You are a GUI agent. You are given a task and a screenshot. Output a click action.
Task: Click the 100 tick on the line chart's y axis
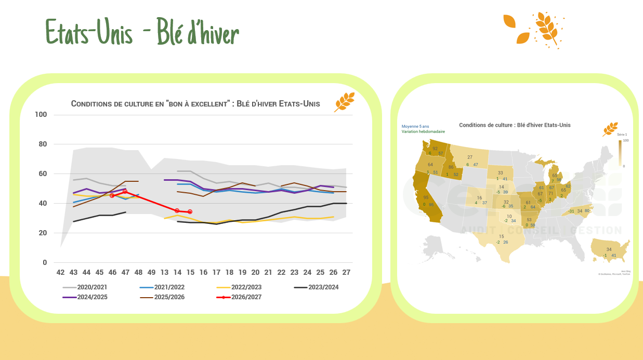[x=41, y=115]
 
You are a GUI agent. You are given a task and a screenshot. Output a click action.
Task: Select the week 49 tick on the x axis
[x=151, y=273]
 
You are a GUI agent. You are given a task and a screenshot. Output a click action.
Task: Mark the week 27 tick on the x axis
[x=346, y=273]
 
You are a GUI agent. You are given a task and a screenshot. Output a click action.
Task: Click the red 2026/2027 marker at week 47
[x=125, y=192]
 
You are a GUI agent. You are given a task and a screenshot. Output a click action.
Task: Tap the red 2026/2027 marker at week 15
[x=190, y=212]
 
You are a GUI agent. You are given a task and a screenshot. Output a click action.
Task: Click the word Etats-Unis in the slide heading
[x=89, y=32]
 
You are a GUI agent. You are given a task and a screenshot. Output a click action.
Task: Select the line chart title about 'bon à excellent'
[x=195, y=104]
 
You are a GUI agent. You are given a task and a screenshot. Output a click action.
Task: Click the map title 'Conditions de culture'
[x=515, y=125]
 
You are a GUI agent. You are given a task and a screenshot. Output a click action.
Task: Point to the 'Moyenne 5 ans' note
[x=415, y=126]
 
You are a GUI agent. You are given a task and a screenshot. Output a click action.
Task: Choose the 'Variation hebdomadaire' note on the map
[x=423, y=131]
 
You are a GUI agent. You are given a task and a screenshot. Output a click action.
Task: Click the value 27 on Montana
[x=470, y=157]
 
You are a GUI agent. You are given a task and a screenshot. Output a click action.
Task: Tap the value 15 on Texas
[x=501, y=236]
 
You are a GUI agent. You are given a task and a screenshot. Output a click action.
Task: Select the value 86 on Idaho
[x=451, y=167]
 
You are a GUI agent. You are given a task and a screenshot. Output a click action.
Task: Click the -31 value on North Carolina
[x=571, y=211]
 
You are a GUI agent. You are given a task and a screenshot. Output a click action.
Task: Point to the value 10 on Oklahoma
[x=509, y=216]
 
